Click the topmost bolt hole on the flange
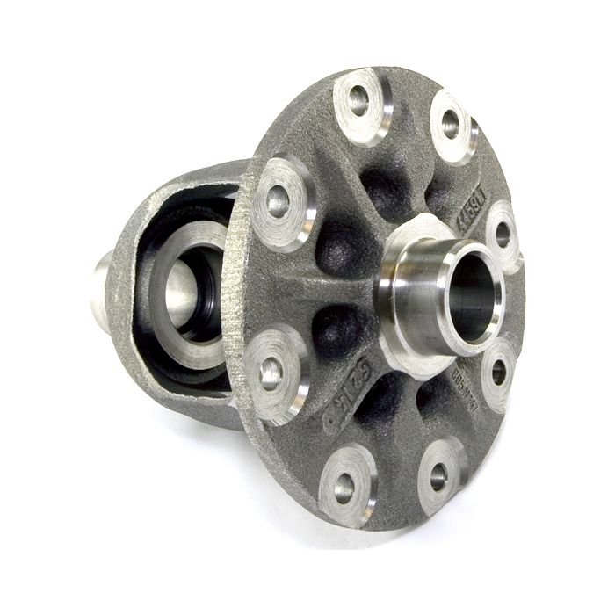(x=358, y=102)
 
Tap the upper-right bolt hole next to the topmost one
(x=451, y=124)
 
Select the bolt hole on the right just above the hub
(x=503, y=234)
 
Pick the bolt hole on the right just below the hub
(x=498, y=371)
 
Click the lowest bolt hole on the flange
(x=344, y=486)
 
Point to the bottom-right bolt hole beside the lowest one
(x=438, y=476)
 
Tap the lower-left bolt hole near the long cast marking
(x=271, y=373)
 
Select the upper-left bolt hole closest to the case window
(x=278, y=201)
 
